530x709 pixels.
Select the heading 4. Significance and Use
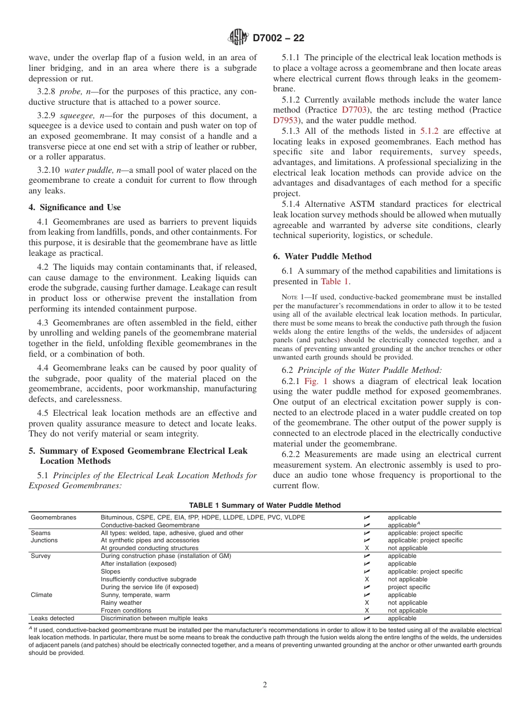[75, 207]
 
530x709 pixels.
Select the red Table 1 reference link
[335, 281]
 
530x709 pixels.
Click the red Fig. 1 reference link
[316, 381]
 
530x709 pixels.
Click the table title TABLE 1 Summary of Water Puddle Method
[264, 506]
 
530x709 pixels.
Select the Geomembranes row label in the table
[54, 517]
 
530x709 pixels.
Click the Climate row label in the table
[41, 595]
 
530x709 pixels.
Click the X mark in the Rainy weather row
[367, 603]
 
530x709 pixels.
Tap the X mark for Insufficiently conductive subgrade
[367, 579]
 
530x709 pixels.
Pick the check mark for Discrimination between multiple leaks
[367, 618]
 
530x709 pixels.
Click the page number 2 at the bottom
[265, 685]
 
